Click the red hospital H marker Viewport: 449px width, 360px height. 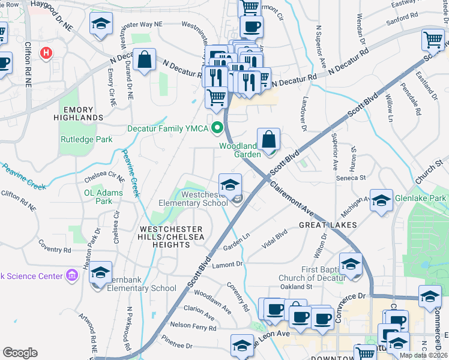(x=46, y=53)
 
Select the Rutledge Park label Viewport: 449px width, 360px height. (x=86, y=140)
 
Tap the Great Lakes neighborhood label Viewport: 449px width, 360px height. (x=328, y=225)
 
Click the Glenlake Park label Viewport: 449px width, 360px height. (x=420, y=198)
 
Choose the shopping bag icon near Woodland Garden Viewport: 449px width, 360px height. (x=270, y=140)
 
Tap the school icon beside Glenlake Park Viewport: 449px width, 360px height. (x=381, y=201)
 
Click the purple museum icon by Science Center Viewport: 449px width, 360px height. (x=72, y=275)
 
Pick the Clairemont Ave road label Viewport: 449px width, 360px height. (x=292, y=199)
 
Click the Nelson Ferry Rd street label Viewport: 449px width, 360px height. (x=193, y=328)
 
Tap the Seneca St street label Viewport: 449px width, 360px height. (x=354, y=178)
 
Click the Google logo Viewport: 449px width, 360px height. (x=20, y=353)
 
